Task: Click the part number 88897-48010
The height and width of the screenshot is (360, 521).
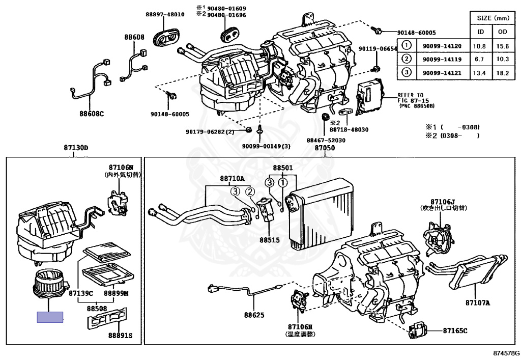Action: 165,14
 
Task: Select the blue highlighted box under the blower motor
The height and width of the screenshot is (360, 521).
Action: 50,317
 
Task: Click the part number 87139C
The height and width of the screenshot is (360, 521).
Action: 81,294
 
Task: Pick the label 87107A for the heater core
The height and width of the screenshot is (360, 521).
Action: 477,303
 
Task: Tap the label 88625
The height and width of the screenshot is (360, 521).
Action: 254,315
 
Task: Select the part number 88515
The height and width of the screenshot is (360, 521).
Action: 271,239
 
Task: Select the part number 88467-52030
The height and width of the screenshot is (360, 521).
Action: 326,140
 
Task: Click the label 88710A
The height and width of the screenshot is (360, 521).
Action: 232,179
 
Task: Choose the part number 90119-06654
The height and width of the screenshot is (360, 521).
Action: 377,49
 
